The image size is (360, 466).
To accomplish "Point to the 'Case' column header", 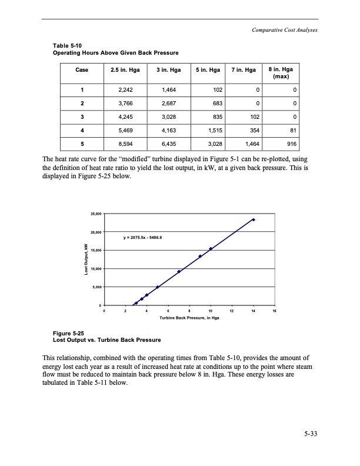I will click(82, 69).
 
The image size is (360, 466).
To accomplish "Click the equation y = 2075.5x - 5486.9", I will click(146, 238).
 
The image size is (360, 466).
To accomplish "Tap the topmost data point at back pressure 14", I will click(253, 219).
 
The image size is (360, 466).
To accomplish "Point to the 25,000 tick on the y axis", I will click(95, 214).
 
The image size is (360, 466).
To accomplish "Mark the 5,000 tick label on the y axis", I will click(96, 287).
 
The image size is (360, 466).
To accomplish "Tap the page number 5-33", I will click(311, 435).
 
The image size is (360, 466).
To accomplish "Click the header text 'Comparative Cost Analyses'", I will click(283, 31).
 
